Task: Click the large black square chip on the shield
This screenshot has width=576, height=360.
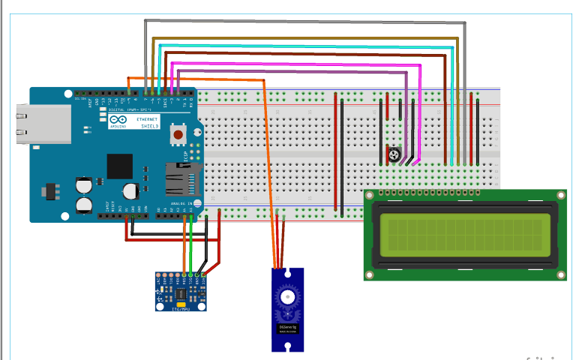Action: click(x=120, y=166)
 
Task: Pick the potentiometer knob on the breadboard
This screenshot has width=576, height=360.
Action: click(x=394, y=156)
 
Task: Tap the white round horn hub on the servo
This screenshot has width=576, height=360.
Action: click(x=288, y=297)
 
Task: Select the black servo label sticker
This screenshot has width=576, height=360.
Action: click(x=289, y=329)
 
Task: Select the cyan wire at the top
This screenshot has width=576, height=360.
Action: click(x=300, y=47)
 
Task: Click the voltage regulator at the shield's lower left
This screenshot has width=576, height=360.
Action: click(x=50, y=190)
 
